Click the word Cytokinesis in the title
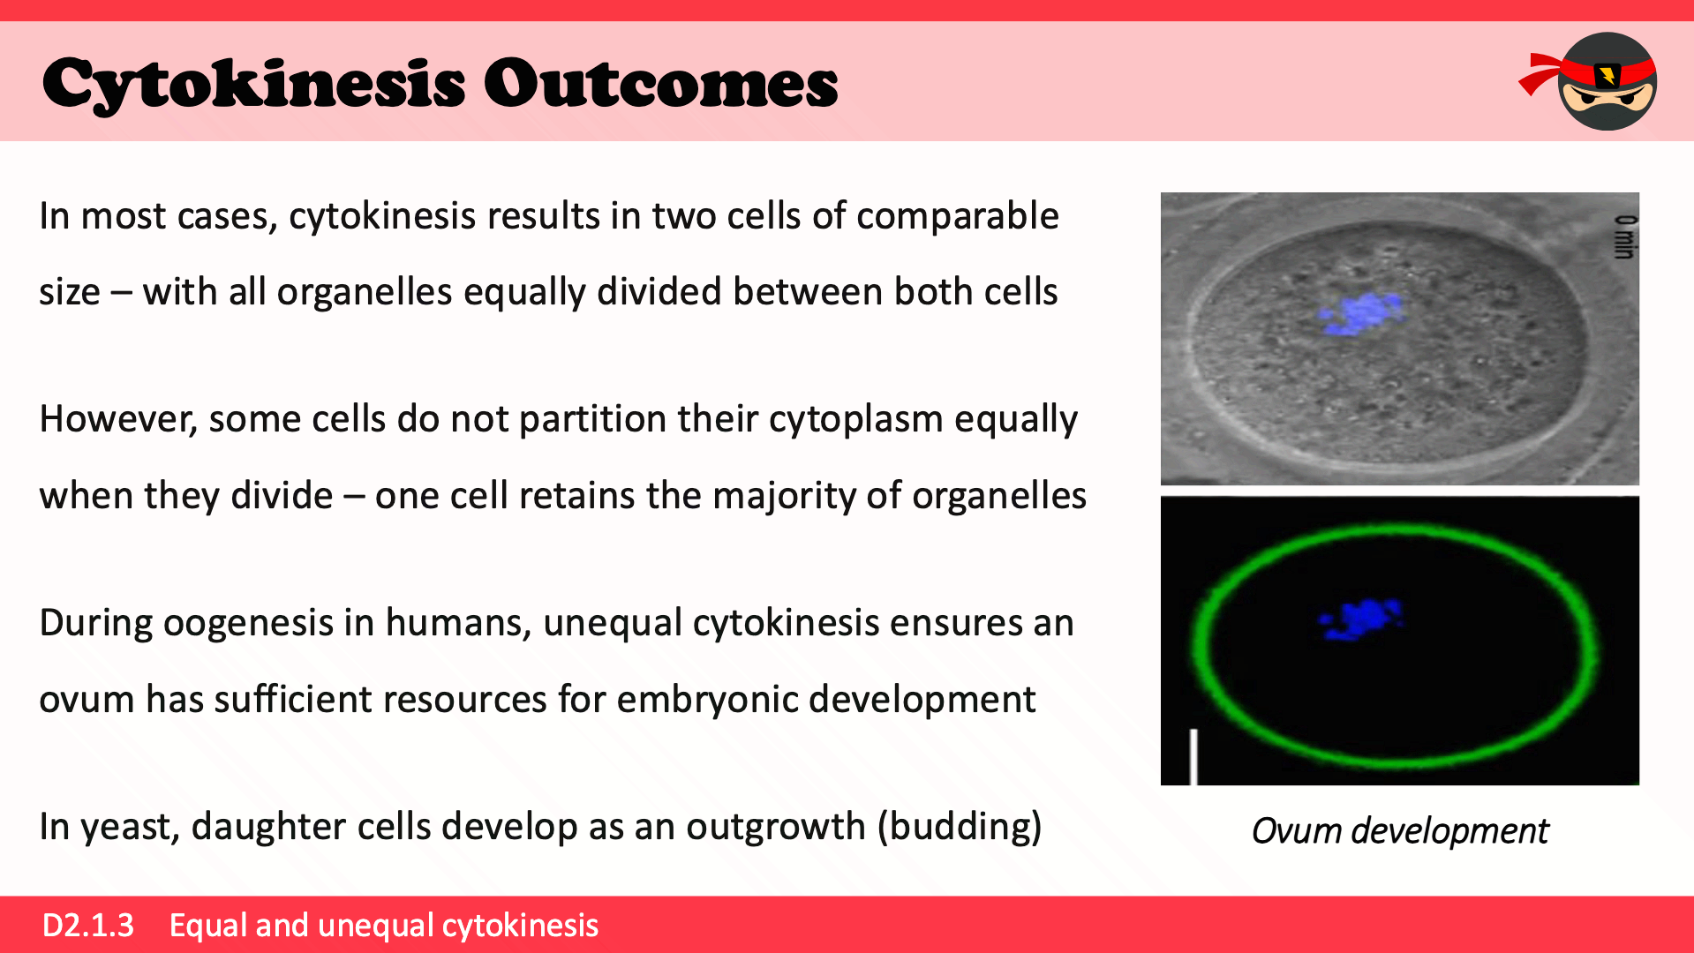coord(253,85)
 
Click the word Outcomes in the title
coord(660,84)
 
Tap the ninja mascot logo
coord(1589,81)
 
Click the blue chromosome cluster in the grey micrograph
coord(1360,313)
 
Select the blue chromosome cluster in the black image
coord(1360,619)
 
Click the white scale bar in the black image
coord(1193,756)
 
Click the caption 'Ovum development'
coord(1400,831)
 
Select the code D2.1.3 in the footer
coord(88,925)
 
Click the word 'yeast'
coord(131,828)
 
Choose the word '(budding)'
coord(960,828)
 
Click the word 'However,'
coord(118,420)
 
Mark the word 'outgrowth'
coord(776,828)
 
